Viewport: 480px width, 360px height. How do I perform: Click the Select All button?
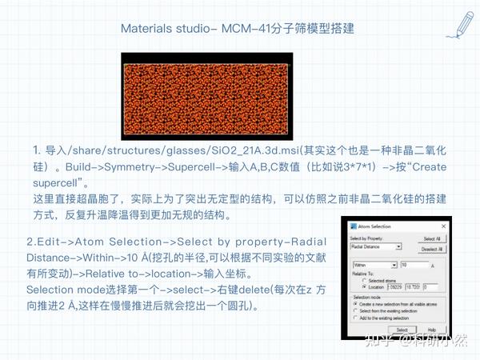click(430, 238)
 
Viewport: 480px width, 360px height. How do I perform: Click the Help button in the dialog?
click(430, 329)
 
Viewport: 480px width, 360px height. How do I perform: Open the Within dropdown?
click(394, 265)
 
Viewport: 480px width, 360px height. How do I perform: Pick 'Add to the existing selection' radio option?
click(354, 317)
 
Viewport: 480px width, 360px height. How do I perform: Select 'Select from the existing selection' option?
click(354, 310)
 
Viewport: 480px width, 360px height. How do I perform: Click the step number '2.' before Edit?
click(30, 242)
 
